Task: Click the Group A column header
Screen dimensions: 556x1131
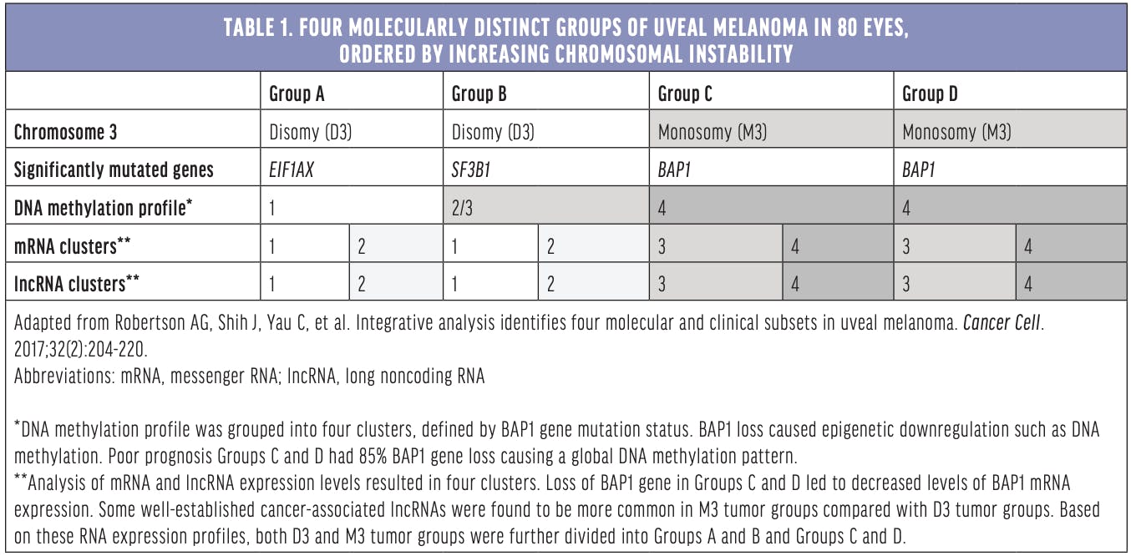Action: (297, 94)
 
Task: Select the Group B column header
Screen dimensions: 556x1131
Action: (479, 94)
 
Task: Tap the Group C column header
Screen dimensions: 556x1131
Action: (685, 94)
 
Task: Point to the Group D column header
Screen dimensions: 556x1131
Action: (930, 94)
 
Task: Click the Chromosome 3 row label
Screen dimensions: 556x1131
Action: (66, 132)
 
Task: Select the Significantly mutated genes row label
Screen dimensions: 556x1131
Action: (114, 169)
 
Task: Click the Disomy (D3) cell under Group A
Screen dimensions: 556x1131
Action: (310, 132)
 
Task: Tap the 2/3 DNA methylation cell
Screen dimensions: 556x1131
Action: (462, 208)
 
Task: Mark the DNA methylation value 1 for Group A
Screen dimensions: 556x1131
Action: (272, 208)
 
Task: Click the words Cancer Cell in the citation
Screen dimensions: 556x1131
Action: (1002, 321)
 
